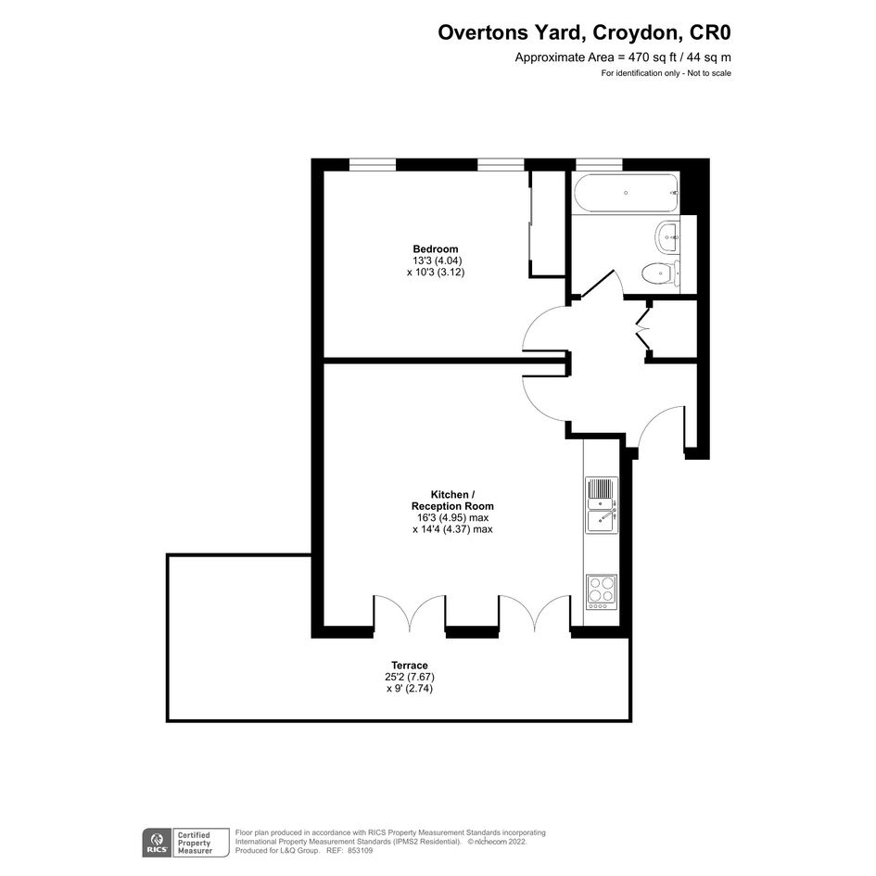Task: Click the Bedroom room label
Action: point(435,249)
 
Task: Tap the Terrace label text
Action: point(410,666)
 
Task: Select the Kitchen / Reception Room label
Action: point(452,501)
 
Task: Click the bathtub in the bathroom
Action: point(626,194)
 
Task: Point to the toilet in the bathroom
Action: point(661,274)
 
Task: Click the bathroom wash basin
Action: point(667,236)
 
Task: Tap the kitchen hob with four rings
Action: point(602,592)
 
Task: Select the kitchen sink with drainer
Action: point(602,505)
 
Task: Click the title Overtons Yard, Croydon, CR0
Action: point(584,32)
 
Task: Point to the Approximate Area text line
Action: point(623,57)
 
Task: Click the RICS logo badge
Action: point(157,843)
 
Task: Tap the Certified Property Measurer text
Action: point(195,843)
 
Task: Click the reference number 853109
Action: point(360,850)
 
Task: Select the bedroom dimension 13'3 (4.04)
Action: point(437,260)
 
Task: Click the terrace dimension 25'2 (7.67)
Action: point(410,677)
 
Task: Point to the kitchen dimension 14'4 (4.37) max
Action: point(452,529)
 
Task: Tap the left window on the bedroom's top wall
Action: point(373,164)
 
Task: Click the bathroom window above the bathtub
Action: point(599,164)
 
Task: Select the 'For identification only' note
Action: point(666,73)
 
